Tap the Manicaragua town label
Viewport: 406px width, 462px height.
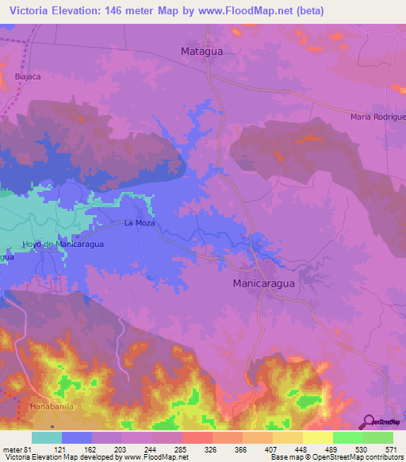pos(264,283)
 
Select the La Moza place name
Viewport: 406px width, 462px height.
pos(138,223)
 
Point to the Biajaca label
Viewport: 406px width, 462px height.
pos(28,77)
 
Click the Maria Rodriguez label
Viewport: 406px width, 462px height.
pos(377,117)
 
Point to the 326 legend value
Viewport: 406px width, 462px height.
pos(212,449)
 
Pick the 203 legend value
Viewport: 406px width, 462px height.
pos(121,449)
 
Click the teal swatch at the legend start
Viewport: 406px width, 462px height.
pos(47,437)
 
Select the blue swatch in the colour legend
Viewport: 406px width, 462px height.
pos(77,437)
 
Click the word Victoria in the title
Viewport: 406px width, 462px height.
pos(31,9)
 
